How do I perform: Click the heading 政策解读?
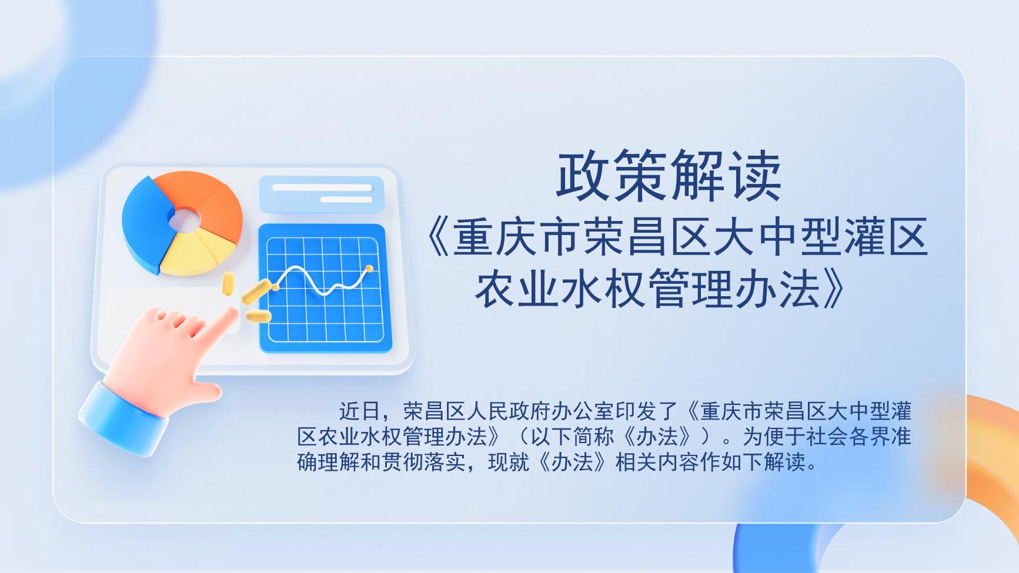tap(669, 176)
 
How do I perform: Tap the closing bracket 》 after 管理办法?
tap(836, 289)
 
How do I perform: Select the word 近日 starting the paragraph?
tap(359, 410)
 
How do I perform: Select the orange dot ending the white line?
tap(369, 269)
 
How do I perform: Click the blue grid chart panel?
tap(325, 289)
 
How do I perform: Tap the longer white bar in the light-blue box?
tap(322, 188)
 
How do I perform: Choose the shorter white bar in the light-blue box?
tap(346, 200)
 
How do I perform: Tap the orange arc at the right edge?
tap(994, 447)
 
